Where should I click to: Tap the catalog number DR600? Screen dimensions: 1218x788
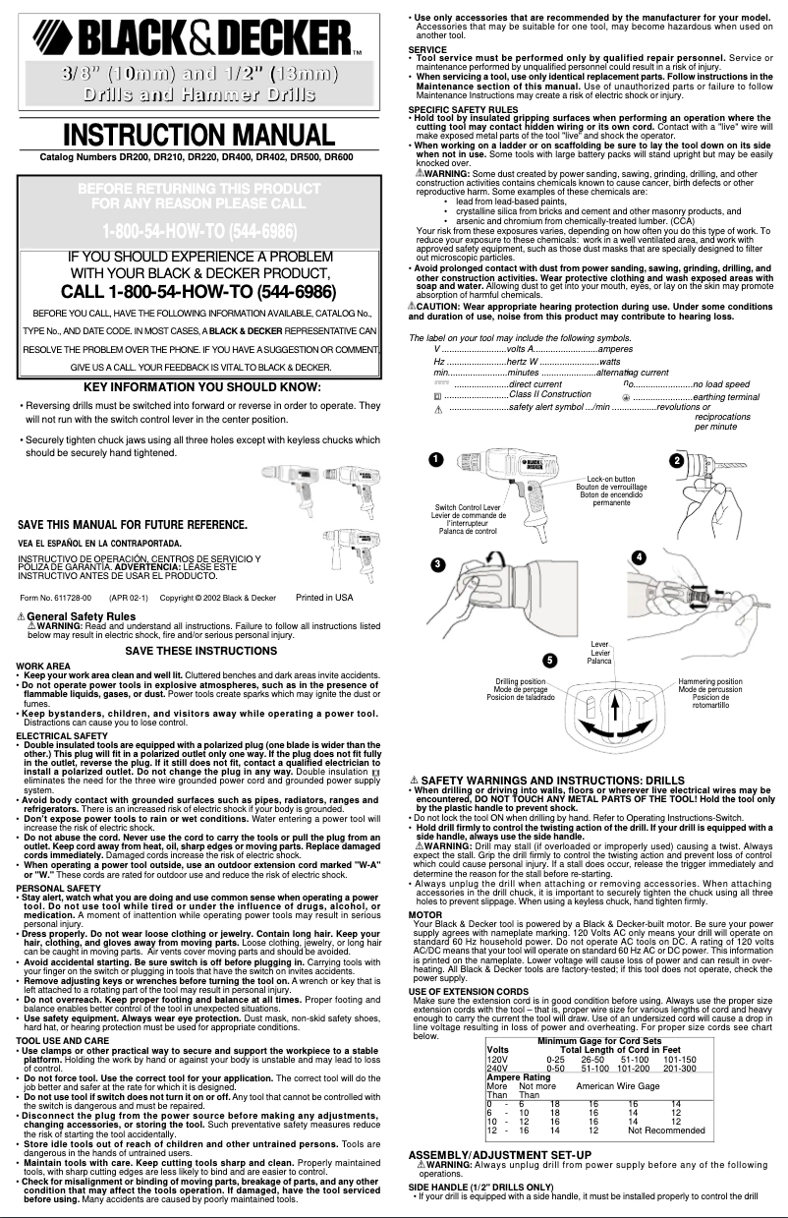[334, 156]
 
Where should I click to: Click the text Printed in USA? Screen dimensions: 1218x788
[324, 597]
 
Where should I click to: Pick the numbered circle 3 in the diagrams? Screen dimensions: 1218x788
[436, 563]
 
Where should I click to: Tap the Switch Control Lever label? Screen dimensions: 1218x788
[468, 507]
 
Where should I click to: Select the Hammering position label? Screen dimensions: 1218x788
[709, 681]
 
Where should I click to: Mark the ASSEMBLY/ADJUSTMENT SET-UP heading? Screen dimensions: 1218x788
[499, 1152]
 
